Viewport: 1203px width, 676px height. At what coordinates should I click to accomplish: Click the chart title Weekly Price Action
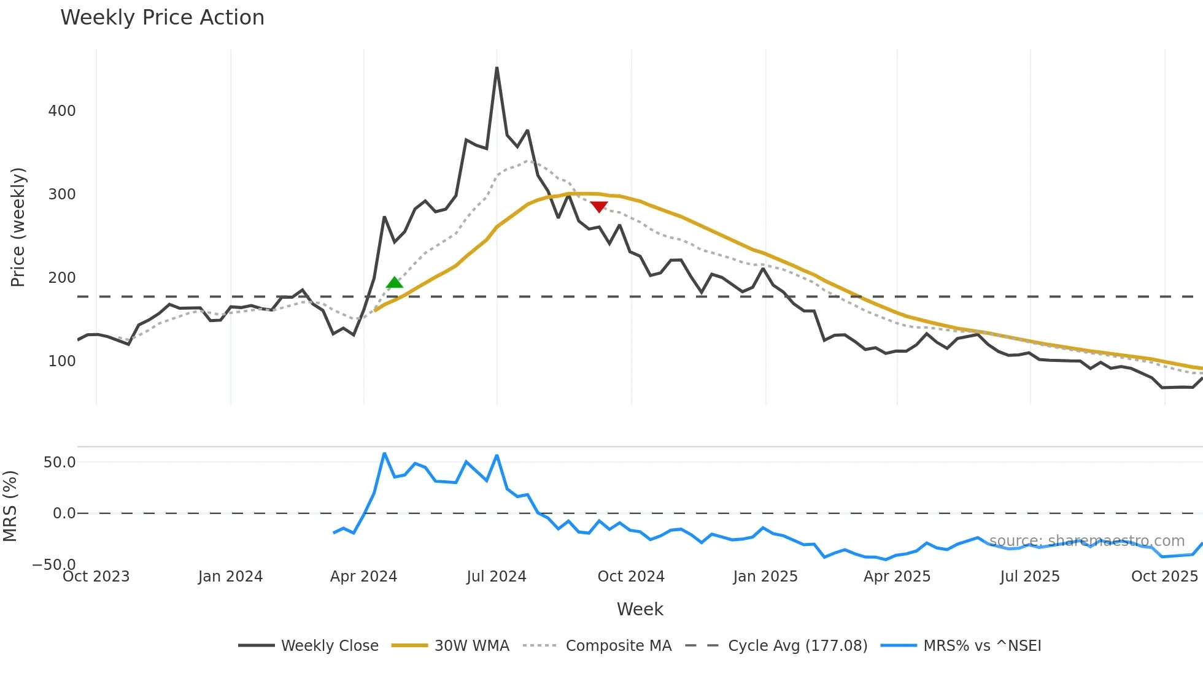(x=162, y=18)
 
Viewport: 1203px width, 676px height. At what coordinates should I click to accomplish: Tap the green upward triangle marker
(x=395, y=283)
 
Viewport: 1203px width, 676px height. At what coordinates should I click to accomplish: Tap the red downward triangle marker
(x=599, y=207)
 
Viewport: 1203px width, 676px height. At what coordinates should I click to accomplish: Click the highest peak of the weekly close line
(x=497, y=68)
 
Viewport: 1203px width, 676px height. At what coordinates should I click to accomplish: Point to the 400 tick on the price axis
(x=62, y=111)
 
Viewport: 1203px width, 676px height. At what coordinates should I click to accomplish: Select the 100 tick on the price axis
(x=62, y=361)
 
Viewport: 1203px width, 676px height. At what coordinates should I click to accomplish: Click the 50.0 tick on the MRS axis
(x=60, y=463)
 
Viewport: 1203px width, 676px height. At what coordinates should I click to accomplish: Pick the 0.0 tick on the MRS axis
(x=64, y=513)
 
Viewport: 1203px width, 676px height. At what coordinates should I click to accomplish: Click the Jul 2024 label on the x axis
(x=497, y=577)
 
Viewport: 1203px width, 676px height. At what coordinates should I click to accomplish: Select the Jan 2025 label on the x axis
(x=765, y=577)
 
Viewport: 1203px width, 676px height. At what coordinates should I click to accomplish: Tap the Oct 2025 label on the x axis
(x=1164, y=577)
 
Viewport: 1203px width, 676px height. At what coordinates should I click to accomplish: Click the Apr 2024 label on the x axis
(x=363, y=577)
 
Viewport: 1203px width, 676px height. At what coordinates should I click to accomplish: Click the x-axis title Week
(x=640, y=609)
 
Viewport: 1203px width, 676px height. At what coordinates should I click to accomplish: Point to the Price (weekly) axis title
(x=18, y=227)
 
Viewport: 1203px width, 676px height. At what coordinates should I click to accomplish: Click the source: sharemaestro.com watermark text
(x=1086, y=541)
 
